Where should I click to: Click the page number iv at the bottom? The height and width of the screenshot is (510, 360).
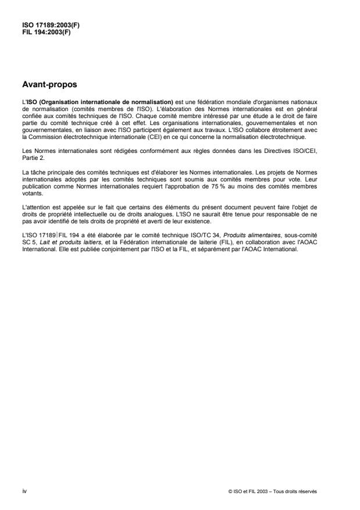pyautogui.click(x=24, y=491)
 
